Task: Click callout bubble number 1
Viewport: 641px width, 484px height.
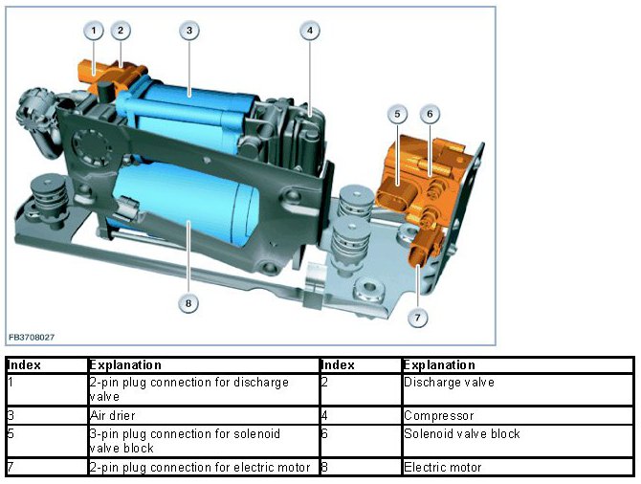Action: [94, 31]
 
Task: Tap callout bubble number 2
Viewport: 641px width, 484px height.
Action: [121, 31]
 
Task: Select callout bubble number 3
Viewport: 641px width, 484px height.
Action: [189, 31]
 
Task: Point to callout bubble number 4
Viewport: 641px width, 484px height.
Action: [310, 31]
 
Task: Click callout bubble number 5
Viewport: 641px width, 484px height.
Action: [397, 114]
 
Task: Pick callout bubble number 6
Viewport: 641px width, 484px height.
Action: [430, 114]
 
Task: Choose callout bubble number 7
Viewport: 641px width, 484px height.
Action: [417, 318]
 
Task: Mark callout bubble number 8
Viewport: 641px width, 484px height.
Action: [188, 303]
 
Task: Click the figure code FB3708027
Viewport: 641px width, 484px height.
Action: [32, 338]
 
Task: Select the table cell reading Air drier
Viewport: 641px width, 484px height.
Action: [113, 416]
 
